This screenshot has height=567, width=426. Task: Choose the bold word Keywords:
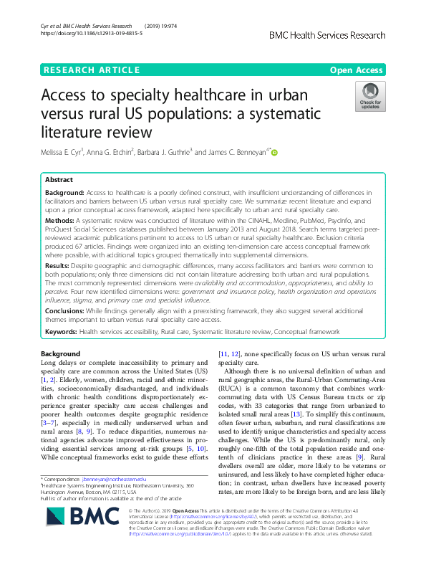(x=62, y=332)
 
